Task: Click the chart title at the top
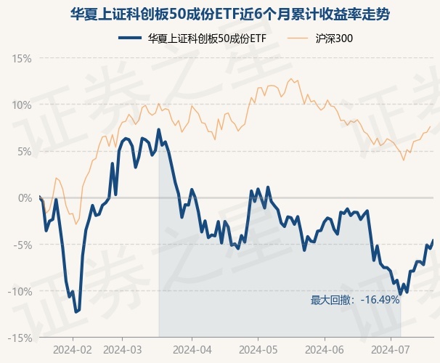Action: (220, 14)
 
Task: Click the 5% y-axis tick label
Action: (25, 151)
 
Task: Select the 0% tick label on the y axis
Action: (25, 197)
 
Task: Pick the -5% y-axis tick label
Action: (23, 245)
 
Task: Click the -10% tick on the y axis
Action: (20, 291)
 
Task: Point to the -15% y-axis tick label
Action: (20, 338)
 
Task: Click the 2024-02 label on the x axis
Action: (73, 348)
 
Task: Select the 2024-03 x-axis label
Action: (123, 348)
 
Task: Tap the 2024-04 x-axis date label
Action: (192, 348)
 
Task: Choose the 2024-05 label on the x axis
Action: (258, 348)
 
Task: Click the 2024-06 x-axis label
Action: (325, 348)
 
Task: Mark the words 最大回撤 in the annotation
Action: (330, 299)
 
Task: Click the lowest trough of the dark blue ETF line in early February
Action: (76, 311)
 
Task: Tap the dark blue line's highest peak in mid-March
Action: (158, 130)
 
